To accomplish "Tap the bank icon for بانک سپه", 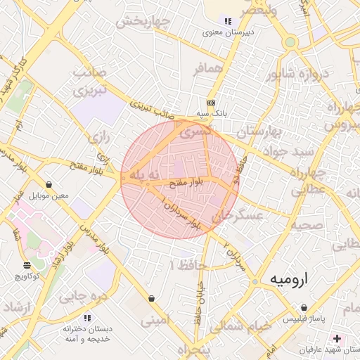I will click(210, 102).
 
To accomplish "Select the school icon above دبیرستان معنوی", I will click(227, 20).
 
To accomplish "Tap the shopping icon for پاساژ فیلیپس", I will click(304, 308).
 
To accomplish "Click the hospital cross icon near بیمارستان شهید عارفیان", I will click(337, 339).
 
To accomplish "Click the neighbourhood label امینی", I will click(155, 321).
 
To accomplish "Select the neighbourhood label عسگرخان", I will click(241, 216).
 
